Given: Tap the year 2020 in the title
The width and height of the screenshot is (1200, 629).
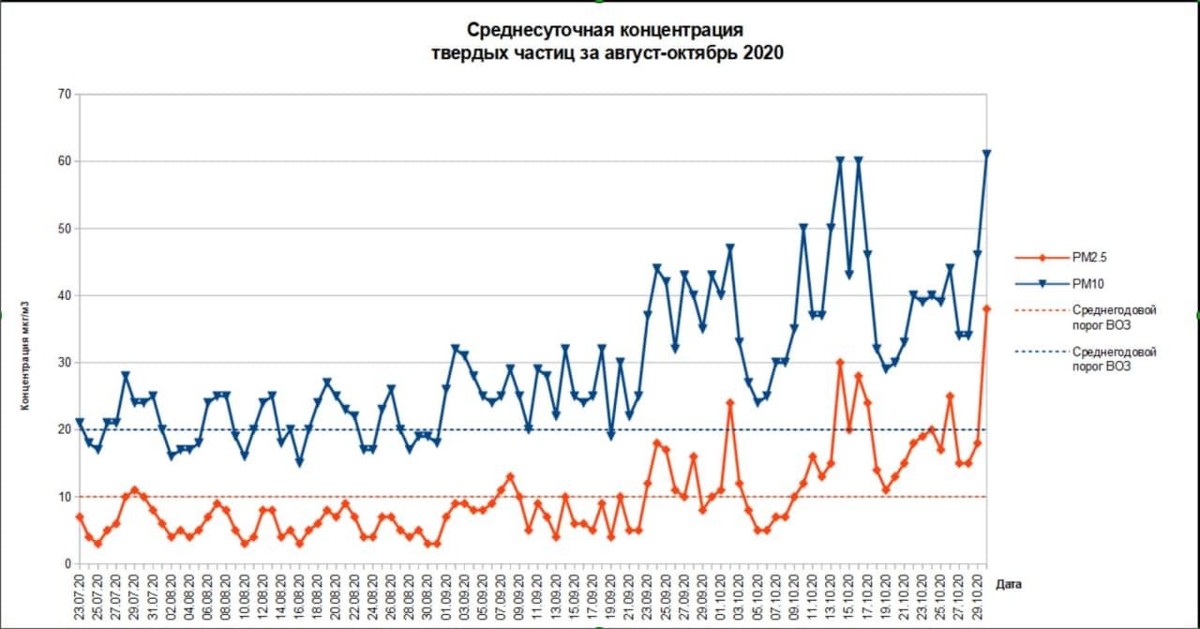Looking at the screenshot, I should (x=762, y=52).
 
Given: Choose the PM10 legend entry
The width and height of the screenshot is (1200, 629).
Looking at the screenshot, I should (x=1093, y=281).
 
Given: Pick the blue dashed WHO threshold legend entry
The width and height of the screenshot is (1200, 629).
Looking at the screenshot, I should (x=1113, y=359).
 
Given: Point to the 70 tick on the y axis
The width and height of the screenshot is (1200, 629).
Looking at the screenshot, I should (x=64, y=95).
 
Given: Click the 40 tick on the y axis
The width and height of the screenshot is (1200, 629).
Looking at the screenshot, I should (x=64, y=295).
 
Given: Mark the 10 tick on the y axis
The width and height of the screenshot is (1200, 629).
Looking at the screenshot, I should (x=64, y=497).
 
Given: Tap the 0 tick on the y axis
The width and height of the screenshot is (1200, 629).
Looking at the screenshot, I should (x=67, y=563).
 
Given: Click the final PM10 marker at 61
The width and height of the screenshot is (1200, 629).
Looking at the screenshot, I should (x=986, y=154).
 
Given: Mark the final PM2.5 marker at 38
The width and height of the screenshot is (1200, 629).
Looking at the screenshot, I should (x=986, y=308).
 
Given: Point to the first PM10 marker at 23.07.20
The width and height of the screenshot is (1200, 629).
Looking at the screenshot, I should (x=80, y=423).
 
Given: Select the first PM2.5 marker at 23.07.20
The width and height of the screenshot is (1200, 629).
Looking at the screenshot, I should (x=80, y=517).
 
